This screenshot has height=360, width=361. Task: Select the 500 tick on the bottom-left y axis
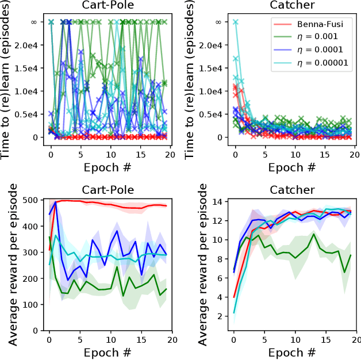click(37, 200)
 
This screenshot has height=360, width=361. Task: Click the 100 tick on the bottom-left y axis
click(37, 305)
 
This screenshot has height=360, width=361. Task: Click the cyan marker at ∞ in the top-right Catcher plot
click(235, 22)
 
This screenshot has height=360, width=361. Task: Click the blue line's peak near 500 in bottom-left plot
click(55, 202)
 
